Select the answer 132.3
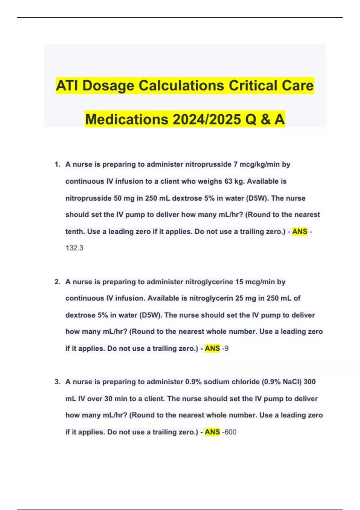tap(74, 248)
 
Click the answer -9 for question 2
tap(225, 349)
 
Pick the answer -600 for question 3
tap(229, 432)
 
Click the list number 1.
tap(57, 164)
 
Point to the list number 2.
tap(57, 282)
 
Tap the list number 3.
tap(57, 382)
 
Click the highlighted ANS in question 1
tap(300, 232)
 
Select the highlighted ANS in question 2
tap(212, 349)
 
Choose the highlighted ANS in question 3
tap(212, 432)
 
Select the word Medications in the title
tap(127, 119)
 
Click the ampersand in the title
tap(265, 119)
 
